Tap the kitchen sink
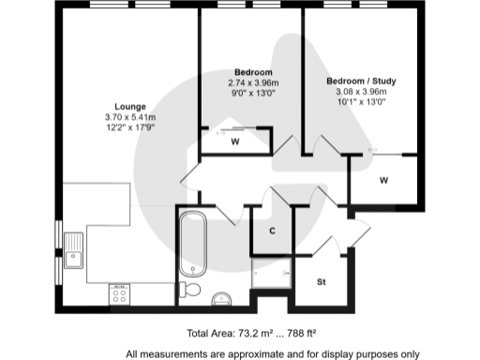(73, 250)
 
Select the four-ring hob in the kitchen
(120, 292)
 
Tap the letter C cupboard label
(272, 231)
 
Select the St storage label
(321, 281)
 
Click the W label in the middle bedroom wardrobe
(235, 142)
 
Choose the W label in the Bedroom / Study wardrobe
(384, 179)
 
